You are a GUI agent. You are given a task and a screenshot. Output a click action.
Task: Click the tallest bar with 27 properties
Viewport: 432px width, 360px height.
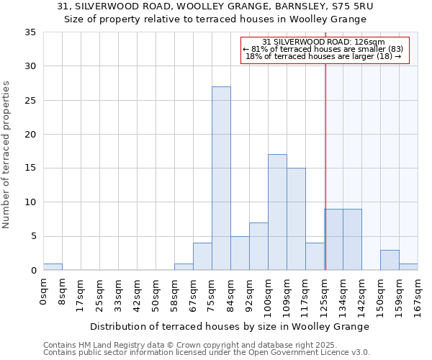(x=221, y=179)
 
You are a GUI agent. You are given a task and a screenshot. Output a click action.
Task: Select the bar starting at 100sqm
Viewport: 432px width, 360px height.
(x=277, y=212)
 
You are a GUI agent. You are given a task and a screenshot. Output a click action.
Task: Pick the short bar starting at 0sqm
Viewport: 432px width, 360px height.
(x=53, y=267)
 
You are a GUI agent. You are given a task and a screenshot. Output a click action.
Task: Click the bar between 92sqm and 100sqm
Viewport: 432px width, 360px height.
(x=258, y=246)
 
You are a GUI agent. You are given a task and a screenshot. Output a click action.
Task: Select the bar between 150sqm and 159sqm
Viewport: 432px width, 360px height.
(x=390, y=260)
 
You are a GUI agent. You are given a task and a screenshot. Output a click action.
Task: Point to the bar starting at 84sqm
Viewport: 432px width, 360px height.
(x=240, y=253)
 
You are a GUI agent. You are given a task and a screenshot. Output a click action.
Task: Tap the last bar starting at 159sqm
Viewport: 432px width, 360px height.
(x=408, y=267)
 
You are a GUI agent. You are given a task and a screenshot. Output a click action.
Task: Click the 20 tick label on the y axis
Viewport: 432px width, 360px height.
(x=31, y=135)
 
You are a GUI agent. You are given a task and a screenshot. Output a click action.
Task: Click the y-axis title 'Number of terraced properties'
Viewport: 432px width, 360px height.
(x=7, y=155)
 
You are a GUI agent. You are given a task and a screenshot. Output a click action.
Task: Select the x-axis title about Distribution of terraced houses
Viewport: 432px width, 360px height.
(x=230, y=326)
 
